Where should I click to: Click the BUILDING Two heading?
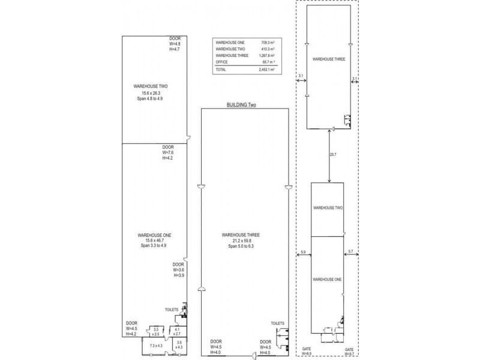tap(241, 104)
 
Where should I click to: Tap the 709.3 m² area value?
tap(268, 43)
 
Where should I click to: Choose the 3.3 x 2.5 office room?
tap(156, 331)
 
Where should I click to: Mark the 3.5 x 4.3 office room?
tap(179, 346)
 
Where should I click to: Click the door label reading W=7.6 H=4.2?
tap(168, 153)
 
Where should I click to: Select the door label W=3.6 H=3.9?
tap(178, 269)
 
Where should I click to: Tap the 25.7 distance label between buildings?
tap(334, 155)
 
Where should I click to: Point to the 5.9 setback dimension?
tap(303, 251)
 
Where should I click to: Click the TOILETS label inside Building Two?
tap(277, 323)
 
